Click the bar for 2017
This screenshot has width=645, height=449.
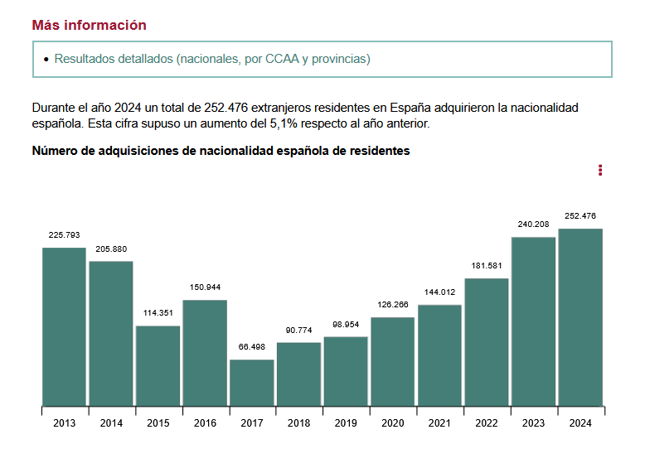click(252, 383)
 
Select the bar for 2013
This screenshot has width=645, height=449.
click(64, 327)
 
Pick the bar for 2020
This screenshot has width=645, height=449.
click(393, 362)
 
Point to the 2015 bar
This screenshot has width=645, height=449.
click(158, 366)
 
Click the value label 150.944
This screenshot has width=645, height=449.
click(205, 287)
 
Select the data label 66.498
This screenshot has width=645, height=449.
click(252, 346)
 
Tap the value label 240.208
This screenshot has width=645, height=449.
click(533, 224)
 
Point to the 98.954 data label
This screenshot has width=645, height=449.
click(346, 323)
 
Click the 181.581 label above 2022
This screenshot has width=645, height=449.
click(487, 265)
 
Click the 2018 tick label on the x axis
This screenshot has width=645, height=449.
click(298, 423)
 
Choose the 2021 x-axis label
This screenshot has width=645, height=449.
click(439, 423)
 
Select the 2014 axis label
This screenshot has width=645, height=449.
click(111, 423)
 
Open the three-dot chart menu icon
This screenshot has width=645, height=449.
click(600, 171)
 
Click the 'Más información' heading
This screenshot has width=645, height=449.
click(89, 25)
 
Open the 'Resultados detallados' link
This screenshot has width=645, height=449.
click(212, 59)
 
